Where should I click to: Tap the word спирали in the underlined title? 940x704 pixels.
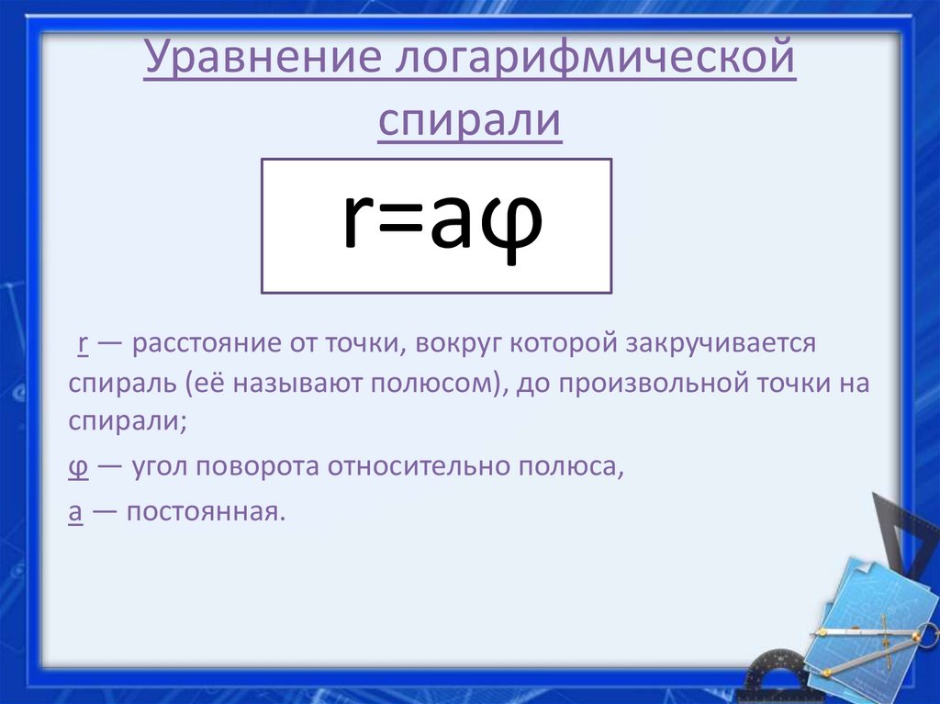469,121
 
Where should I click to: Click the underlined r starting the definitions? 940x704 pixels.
82,344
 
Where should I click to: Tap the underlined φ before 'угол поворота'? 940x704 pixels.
79,466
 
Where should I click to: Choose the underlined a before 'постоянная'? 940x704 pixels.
77,511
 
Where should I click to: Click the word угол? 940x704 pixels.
158,466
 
